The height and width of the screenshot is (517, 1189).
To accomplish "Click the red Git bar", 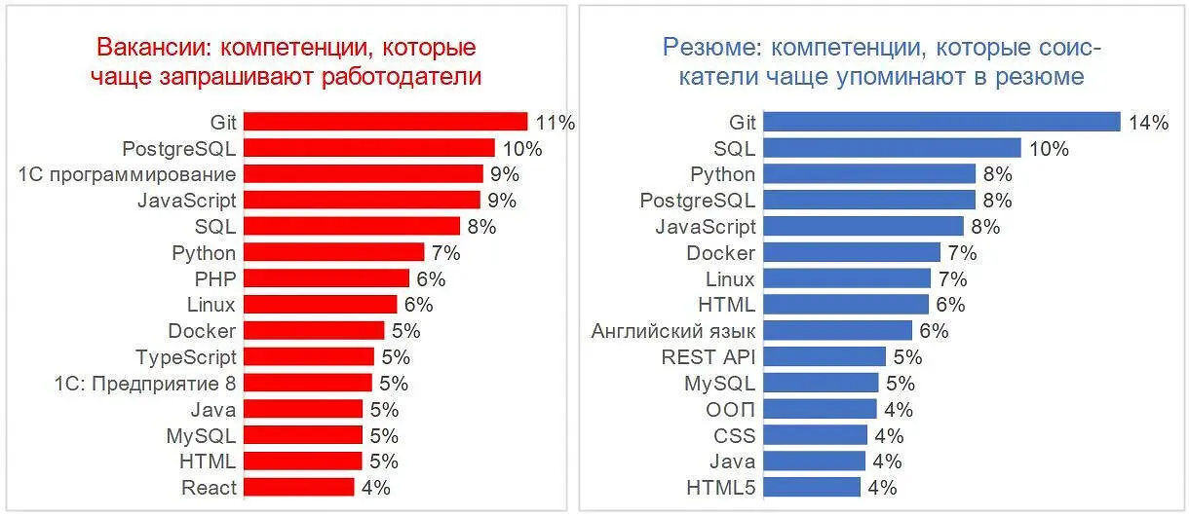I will [385, 122].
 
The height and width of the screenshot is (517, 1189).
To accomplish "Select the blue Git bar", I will [941, 122].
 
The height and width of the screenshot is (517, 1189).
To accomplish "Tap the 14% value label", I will [1149, 123].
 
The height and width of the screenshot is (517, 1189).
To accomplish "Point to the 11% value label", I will [556, 123].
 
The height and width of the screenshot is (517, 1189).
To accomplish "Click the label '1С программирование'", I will [127, 174].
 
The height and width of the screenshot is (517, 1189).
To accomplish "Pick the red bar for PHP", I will [326, 278].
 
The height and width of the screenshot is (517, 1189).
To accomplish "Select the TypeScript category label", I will [185, 356].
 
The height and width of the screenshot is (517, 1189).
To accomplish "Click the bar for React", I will [298, 487].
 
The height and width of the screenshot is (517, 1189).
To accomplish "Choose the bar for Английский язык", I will [837, 330].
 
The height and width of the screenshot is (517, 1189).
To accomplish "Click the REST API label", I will [709, 356].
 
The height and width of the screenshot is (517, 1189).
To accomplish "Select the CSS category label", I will [734, 435].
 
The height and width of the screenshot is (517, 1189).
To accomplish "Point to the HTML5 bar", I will [812, 487].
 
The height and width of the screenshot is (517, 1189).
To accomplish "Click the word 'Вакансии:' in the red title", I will [148, 47].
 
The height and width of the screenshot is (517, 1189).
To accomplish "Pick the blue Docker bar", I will [852, 252].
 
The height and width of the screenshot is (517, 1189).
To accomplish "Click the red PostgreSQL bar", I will [368, 148].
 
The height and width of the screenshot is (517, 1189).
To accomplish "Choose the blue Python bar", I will [869, 174].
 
